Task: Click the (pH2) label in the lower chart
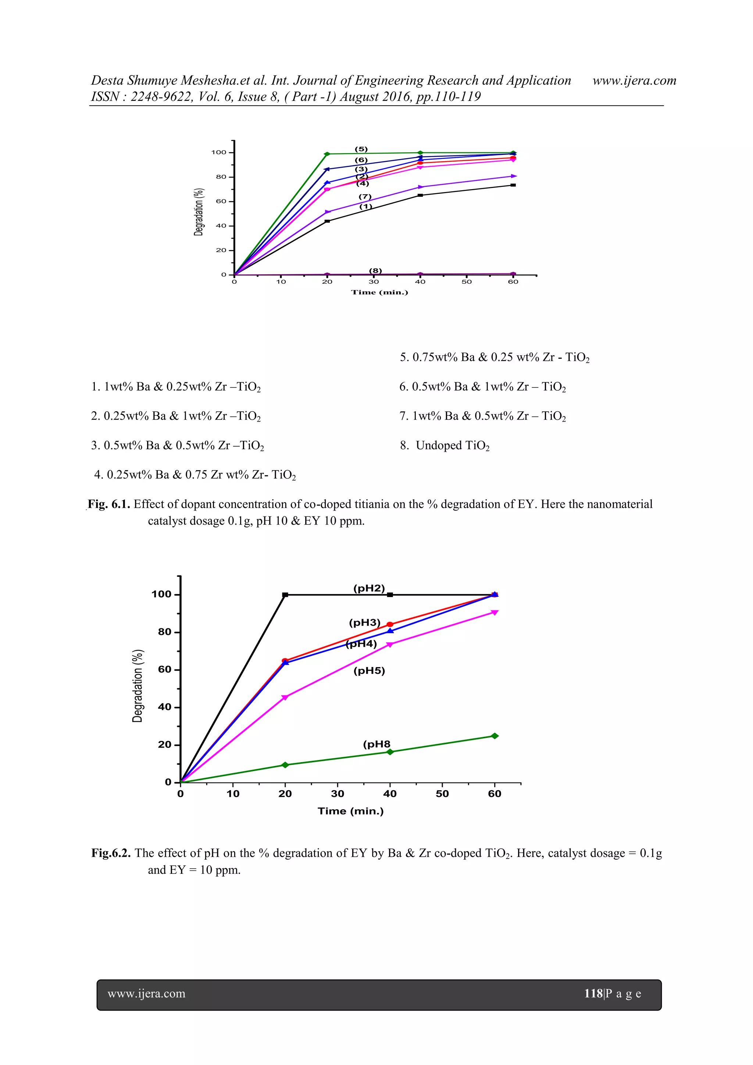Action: (x=369, y=588)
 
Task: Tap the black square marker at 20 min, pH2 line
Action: (x=285, y=594)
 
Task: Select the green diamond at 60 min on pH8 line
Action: (x=495, y=736)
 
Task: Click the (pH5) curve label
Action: (x=369, y=671)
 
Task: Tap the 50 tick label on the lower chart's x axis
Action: (x=442, y=794)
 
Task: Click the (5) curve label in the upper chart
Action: (x=361, y=149)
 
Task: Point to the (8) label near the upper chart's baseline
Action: (x=375, y=270)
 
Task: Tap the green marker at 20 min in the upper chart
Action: (x=327, y=154)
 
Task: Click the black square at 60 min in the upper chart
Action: (x=513, y=185)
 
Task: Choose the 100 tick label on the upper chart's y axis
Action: (x=219, y=152)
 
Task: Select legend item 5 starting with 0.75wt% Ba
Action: (x=495, y=357)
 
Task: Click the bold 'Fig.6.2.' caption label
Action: (x=111, y=853)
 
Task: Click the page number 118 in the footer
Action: (x=593, y=994)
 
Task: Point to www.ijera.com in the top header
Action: (x=634, y=81)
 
